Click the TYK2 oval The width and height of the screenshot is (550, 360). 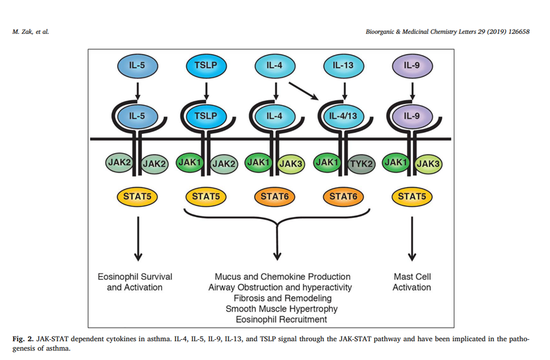click(361, 164)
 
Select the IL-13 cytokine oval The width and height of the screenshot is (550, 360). click(343, 66)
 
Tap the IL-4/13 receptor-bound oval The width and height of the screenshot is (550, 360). click(343, 116)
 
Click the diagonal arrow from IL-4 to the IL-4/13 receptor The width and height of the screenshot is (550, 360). click(303, 91)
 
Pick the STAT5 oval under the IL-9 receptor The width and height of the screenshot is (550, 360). click(412, 196)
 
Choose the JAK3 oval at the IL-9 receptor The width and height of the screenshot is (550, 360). click(428, 164)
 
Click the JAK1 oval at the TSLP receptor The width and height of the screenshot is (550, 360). click(189, 162)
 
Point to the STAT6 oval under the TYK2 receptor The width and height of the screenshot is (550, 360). click(343, 196)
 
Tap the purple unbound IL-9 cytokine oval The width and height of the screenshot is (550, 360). click(412, 66)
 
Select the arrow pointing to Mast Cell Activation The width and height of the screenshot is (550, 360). click(412, 239)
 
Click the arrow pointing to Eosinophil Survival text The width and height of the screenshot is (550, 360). click(138, 239)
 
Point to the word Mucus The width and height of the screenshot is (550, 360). click(227, 277)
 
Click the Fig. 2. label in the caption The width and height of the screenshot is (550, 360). click(23, 339)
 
